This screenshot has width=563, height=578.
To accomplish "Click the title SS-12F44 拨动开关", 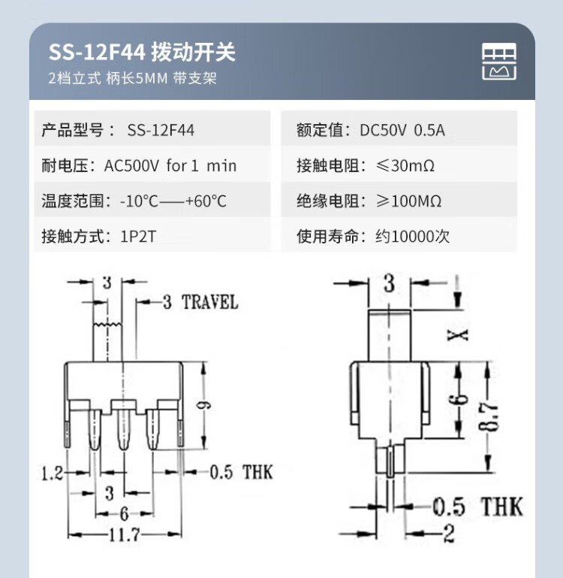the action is [x=142, y=52].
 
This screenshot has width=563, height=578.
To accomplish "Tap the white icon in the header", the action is [x=499, y=62].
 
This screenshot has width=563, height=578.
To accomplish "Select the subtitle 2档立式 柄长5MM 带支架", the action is [x=133, y=78].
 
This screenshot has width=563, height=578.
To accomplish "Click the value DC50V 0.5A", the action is [x=402, y=130].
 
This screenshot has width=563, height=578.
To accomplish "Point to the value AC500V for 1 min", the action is [x=170, y=165].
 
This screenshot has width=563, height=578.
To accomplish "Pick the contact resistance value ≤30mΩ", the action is [x=405, y=165].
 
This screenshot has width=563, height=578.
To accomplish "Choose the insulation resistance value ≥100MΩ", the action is [x=408, y=201].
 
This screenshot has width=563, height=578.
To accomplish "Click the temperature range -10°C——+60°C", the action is [x=173, y=201].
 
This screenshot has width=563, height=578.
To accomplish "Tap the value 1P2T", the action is [x=138, y=236].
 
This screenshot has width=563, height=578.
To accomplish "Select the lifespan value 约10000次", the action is [x=412, y=236].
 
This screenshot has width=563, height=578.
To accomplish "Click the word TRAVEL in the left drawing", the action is [x=210, y=302].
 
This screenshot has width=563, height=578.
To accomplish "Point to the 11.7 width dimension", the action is [x=125, y=534].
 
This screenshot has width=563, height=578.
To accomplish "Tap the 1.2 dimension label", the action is [x=52, y=473].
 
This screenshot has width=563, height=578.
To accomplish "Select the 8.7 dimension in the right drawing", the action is [x=488, y=416].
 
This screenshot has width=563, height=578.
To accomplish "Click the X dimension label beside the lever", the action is [x=457, y=335].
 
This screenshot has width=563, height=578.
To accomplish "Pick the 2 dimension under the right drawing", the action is [x=449, y=534].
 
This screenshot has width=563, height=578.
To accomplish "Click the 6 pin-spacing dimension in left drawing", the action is [x=124, y=513].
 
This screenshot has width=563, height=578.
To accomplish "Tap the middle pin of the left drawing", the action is [x=123, y=428].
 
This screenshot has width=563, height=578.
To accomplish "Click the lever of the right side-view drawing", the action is [x=389, y=336].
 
